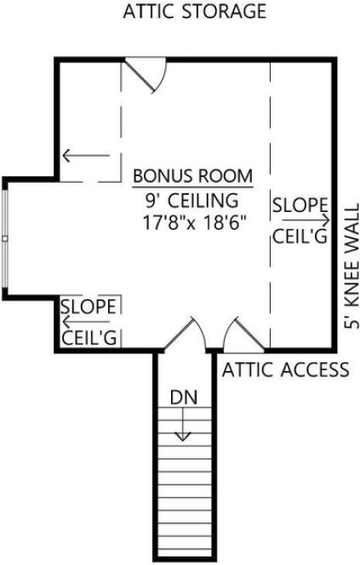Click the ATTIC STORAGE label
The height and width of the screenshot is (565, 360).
195,12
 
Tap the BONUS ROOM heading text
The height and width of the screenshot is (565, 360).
193,177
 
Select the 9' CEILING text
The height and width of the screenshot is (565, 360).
192,202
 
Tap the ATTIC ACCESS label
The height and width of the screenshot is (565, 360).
286,369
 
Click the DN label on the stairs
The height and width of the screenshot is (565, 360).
181,397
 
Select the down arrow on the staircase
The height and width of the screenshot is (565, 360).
181,425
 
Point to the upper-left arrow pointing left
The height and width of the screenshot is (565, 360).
86,156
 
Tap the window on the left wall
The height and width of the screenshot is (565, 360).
6,238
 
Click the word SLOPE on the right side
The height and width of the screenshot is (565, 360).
300,204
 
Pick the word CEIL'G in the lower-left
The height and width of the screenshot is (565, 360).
89,337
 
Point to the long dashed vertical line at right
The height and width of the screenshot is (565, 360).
270,204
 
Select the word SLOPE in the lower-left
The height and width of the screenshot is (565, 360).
89,305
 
